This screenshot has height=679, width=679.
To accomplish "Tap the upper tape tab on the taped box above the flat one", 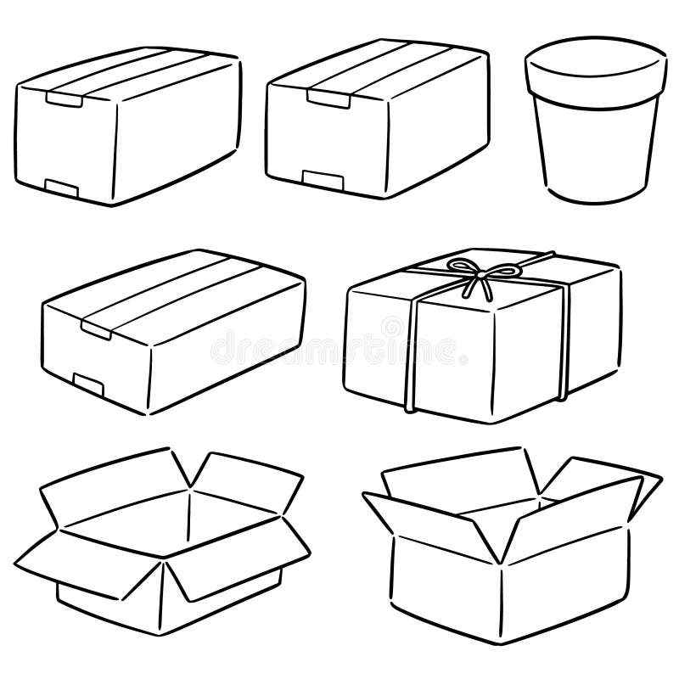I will [x=65, y=101].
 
